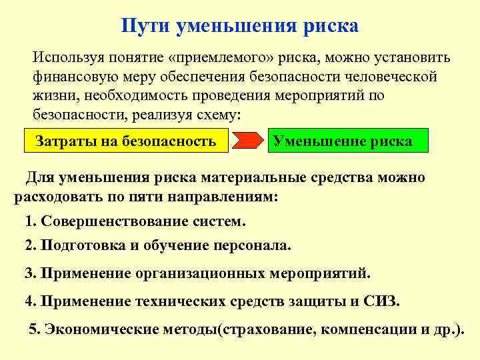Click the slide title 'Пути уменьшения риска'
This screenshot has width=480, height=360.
click(240, 25)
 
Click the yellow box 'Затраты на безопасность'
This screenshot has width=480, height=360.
click(125, 141)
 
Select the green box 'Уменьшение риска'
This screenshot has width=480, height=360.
click(343, 141)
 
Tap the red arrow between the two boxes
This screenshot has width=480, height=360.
click(249, 141)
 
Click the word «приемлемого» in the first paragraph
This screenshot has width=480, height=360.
click(208, 57)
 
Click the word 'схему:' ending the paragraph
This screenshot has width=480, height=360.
click(220, 114)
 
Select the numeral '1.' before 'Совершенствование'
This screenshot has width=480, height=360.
click(31, 221)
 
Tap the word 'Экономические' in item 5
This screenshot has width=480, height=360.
click(95, 329)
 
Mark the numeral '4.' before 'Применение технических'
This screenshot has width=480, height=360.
click(31, 301)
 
